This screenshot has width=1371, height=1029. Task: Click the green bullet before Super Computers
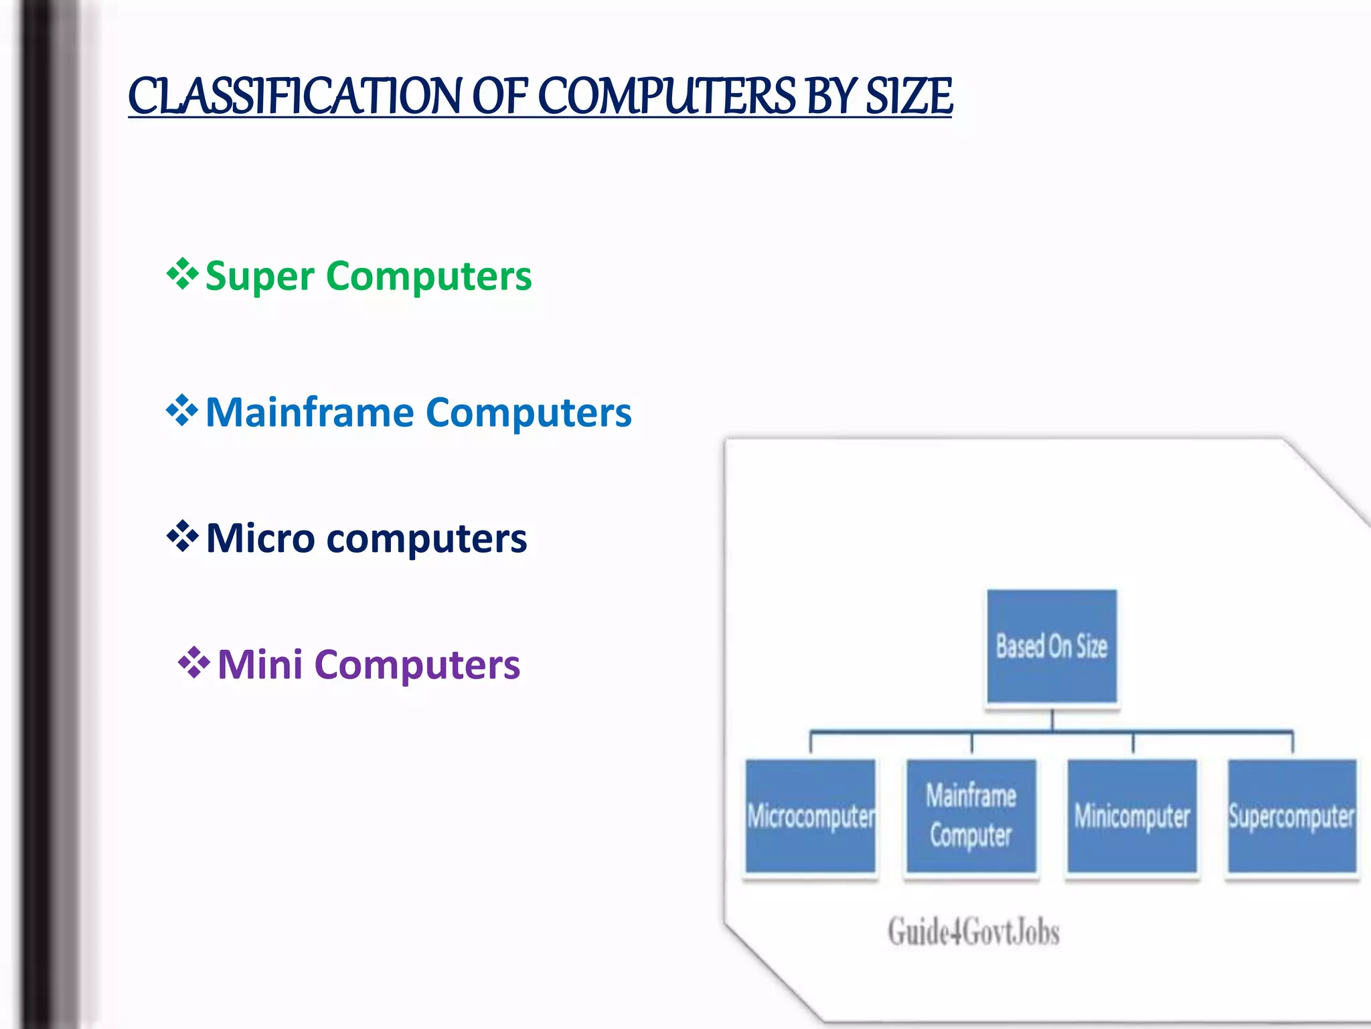coord(182,274)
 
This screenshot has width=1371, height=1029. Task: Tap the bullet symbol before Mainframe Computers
coord(182,411)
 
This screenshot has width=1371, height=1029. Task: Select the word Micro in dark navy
coord(260,538)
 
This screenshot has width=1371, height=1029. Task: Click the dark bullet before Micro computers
coord(182,537)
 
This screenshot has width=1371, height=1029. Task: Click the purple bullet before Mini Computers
coord(193,663)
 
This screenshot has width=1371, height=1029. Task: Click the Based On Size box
coord(1051,646)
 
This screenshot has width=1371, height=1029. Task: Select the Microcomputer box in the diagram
coord(810,816)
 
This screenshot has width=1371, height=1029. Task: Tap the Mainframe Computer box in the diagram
coord(971,816)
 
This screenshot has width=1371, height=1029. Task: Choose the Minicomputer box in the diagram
coord(1132,816)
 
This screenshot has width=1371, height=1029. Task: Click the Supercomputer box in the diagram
coord(1292,816)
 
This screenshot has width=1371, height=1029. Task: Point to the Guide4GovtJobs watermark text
coord(973,932)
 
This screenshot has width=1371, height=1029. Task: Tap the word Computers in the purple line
coord(417,665)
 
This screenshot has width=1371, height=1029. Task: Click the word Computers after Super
coord(428,277)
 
